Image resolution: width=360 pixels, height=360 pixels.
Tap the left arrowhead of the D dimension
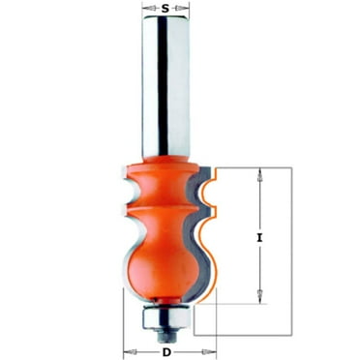[x=127, y=345]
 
